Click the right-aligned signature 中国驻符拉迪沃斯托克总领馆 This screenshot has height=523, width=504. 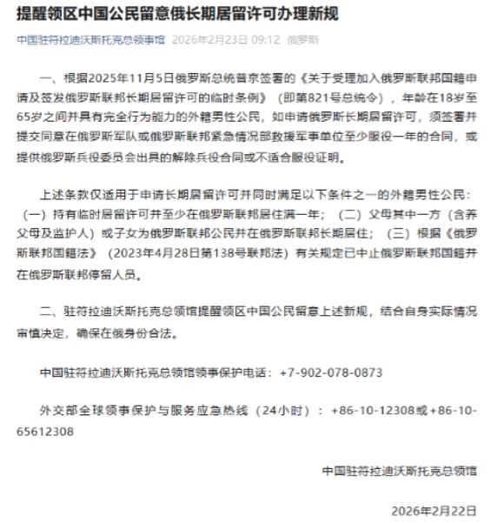400,471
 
